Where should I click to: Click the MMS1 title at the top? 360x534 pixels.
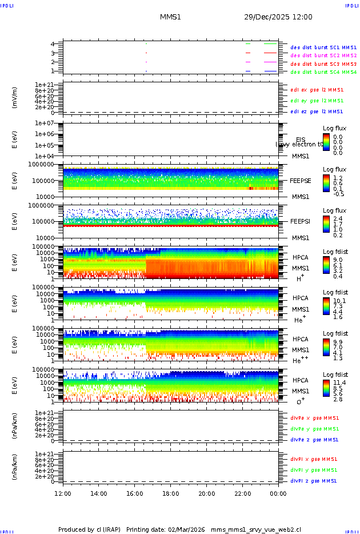[170, 17]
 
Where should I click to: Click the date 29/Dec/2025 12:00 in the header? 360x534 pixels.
[278, 17]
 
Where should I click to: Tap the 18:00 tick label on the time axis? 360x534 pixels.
[171, 493]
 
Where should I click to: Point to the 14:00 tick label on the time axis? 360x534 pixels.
[99, 493]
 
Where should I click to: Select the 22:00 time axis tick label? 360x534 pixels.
[243, 493]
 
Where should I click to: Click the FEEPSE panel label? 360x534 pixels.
[301, 181]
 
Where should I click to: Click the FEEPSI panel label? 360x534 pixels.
[301, 221]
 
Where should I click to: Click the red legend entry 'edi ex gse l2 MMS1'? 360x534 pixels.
[317, 90]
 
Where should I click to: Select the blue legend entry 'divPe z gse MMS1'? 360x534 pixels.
[314, 440]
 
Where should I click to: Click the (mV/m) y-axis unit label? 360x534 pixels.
[15, 98]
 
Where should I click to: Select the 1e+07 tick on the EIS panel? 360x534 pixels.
[44, 123]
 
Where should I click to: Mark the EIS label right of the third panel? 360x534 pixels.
[301, 140]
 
